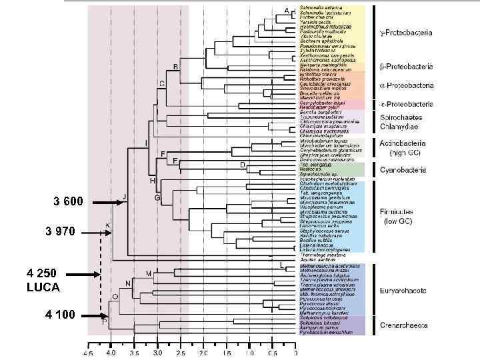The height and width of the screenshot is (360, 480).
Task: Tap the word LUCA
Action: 43,287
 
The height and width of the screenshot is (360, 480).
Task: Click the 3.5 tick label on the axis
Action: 135,351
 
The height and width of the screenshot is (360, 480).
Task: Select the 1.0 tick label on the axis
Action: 248,351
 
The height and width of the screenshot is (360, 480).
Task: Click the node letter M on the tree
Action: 149,273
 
